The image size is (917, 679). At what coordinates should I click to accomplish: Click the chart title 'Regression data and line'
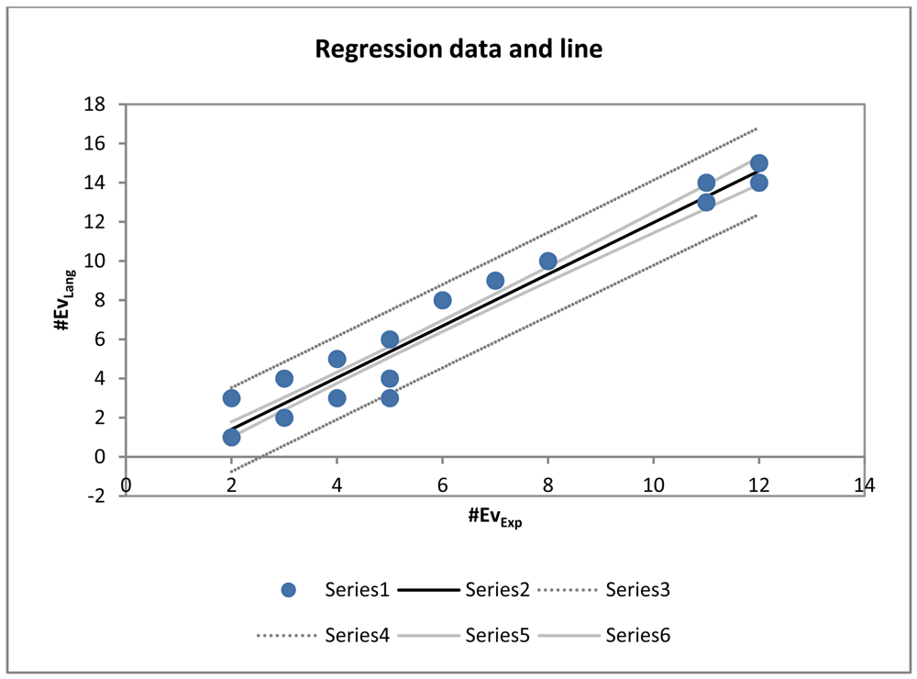[458, 49]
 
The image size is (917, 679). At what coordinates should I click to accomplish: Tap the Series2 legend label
[497, 590]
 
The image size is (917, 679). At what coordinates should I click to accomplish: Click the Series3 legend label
[638, 590]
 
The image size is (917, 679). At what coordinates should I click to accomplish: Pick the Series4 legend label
[358, 634]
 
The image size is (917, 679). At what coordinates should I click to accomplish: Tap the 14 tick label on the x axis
[864, 484]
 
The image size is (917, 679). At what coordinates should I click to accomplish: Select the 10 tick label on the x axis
[653, 484]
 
